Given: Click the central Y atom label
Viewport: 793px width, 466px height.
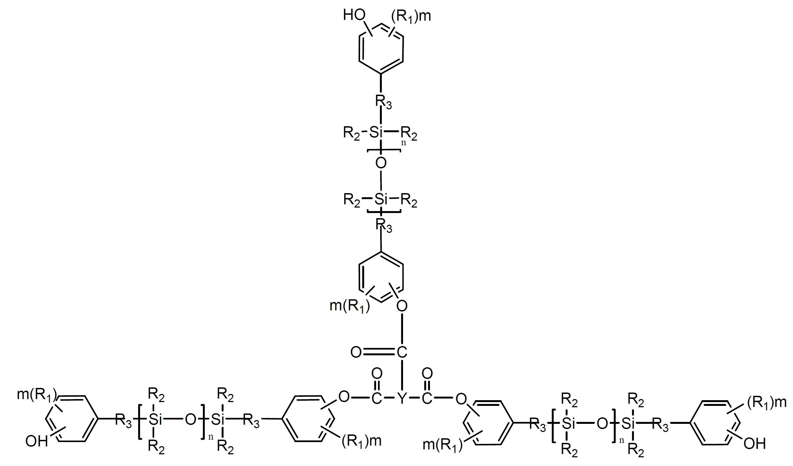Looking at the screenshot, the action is point(402,398).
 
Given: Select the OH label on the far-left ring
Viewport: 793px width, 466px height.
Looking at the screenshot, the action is point(36,441).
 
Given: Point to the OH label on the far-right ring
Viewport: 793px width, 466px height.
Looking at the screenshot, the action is point(755,443).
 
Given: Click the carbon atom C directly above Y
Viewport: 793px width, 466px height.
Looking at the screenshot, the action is point(402,352).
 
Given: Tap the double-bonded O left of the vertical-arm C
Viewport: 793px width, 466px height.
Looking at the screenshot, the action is point(356,352).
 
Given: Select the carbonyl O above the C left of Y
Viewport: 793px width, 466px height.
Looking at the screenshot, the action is point(377,374).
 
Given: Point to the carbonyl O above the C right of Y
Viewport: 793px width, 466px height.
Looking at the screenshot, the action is point(427,374).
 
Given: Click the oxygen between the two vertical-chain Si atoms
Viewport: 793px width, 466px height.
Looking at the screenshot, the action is point(381,163).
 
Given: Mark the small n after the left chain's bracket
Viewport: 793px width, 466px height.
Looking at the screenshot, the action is point(211,437).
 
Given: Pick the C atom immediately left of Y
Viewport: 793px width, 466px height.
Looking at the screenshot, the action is point(377,398).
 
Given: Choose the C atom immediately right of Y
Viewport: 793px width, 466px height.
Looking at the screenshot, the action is point(427,398).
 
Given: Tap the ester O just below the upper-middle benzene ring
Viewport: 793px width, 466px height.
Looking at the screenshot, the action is point(402,306).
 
